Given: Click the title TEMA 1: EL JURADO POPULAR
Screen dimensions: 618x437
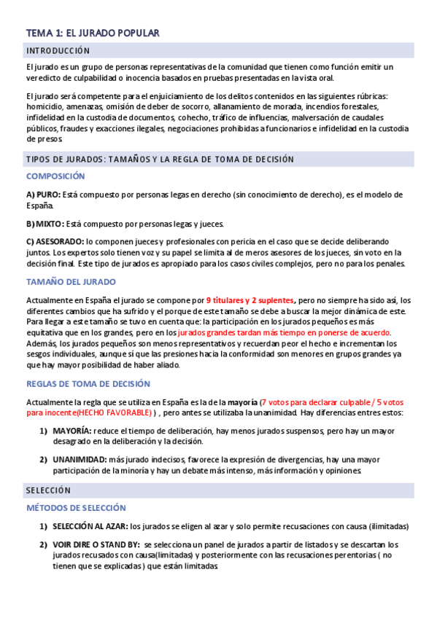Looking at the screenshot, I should click(93, 33).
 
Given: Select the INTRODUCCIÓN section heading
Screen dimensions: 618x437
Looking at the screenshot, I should click(58, 51).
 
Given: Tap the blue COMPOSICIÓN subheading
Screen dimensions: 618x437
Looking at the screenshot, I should click(55, 176).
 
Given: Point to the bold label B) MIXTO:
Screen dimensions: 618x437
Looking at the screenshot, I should click(45, 224).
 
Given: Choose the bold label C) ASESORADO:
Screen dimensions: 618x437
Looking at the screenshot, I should click(55, 241).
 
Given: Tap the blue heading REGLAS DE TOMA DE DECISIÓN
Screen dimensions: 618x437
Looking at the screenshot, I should click(88, 383).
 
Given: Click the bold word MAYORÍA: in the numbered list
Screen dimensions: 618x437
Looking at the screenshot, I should click(71, 431).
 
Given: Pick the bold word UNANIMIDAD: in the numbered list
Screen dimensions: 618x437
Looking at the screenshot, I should click(79, 460).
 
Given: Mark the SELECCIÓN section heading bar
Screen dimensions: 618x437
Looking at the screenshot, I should click(48, 490).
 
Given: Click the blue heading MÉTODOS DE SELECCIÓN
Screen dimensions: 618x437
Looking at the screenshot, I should click(76, 508).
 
